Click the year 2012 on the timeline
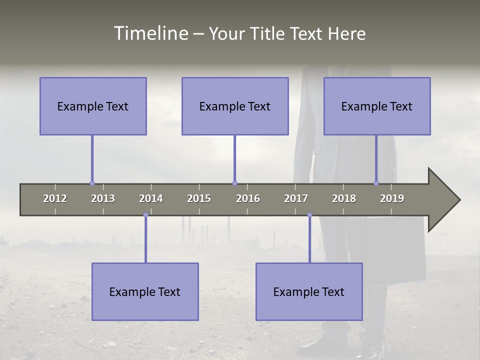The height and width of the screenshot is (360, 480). click(55, 198)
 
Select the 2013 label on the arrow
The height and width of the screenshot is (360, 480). click(103, 198)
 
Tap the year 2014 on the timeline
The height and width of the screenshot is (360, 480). click(151, 198)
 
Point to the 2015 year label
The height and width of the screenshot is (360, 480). click(199, 198)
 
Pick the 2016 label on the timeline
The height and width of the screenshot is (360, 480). click(248, 198)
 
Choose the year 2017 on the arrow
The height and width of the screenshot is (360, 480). click(296, 198)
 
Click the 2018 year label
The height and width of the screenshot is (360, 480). click(344, 198)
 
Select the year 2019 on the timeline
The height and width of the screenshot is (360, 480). click(392, 198)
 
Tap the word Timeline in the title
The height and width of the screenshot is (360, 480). click(150, 33)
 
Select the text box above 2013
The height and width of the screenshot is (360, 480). click(93, 106)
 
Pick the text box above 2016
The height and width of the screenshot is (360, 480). click(235, 106)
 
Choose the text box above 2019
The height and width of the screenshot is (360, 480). click(377, 106)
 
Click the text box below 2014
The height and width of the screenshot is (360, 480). click(145, 291)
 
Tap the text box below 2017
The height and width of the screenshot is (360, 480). click(309, 291)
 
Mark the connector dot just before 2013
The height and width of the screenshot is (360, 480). click(92, 183)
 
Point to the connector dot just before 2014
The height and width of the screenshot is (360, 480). click(145, 215)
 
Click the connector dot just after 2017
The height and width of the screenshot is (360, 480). click(309, 215)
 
